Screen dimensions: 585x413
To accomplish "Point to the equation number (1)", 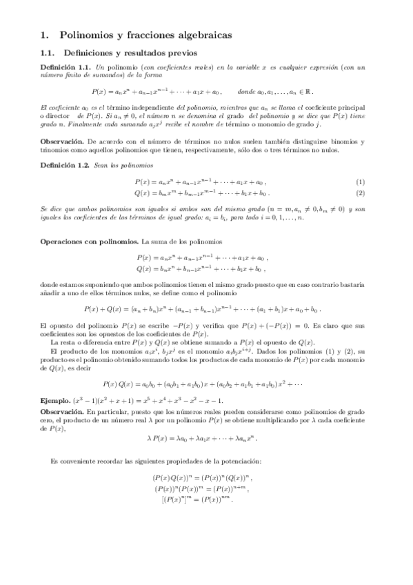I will tap(379, 181).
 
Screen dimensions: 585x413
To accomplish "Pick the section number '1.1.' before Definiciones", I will tap(48, 52).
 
